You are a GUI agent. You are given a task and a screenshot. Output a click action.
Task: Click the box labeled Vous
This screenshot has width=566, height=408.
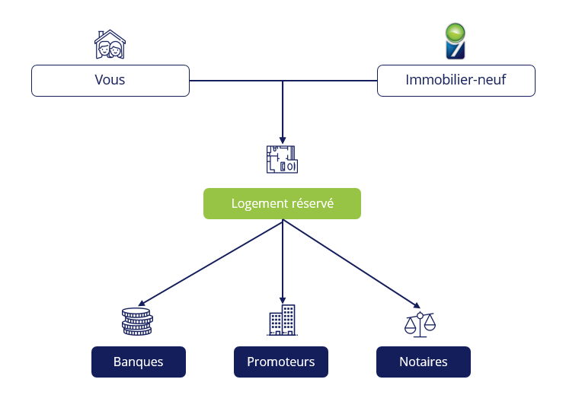click(110, 80)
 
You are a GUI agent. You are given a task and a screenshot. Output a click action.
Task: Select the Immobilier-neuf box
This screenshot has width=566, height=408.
click(456, 80)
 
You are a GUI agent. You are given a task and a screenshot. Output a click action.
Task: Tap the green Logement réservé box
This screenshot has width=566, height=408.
click(282, 204)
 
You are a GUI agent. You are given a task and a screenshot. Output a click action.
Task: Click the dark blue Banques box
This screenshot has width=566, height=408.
click(138, 362)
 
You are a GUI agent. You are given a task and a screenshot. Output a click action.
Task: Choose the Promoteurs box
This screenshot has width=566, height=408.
click(280, 362)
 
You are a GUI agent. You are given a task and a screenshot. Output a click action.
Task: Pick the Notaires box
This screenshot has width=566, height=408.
click(423, 362)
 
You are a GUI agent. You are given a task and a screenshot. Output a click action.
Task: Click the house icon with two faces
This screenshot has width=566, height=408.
click(110, 45)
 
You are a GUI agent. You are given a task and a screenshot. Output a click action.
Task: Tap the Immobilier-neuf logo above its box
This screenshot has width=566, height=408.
click(456, 42)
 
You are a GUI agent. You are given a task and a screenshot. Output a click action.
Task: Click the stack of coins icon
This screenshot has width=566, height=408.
click(137, 321)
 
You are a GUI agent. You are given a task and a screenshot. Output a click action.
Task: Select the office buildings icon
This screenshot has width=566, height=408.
click(282, 320)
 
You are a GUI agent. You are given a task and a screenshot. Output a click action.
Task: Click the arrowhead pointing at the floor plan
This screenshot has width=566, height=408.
click(283, 139)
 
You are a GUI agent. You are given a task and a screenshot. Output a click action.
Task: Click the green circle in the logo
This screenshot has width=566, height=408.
click(456, 32)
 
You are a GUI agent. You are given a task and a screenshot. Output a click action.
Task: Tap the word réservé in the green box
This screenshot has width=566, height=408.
click(312, 204)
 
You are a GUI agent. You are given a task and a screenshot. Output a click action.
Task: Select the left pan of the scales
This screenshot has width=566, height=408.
click(411, 328)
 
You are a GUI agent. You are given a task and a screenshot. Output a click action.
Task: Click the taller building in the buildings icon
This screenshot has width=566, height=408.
click(289, 320)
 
